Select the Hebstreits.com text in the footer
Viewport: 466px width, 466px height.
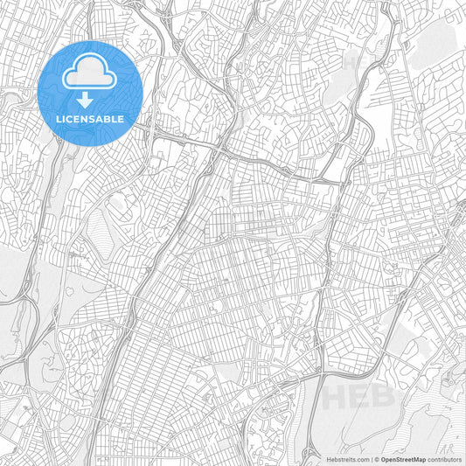click(346, 458)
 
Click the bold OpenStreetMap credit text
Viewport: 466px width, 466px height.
click(401, 458)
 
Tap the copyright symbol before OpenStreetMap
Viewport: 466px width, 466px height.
click(374, 458)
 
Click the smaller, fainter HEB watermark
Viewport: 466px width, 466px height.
click(357, 63)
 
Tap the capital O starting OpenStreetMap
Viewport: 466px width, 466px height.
click(380, 458)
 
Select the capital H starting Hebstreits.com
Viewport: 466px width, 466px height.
click(329, 458)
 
